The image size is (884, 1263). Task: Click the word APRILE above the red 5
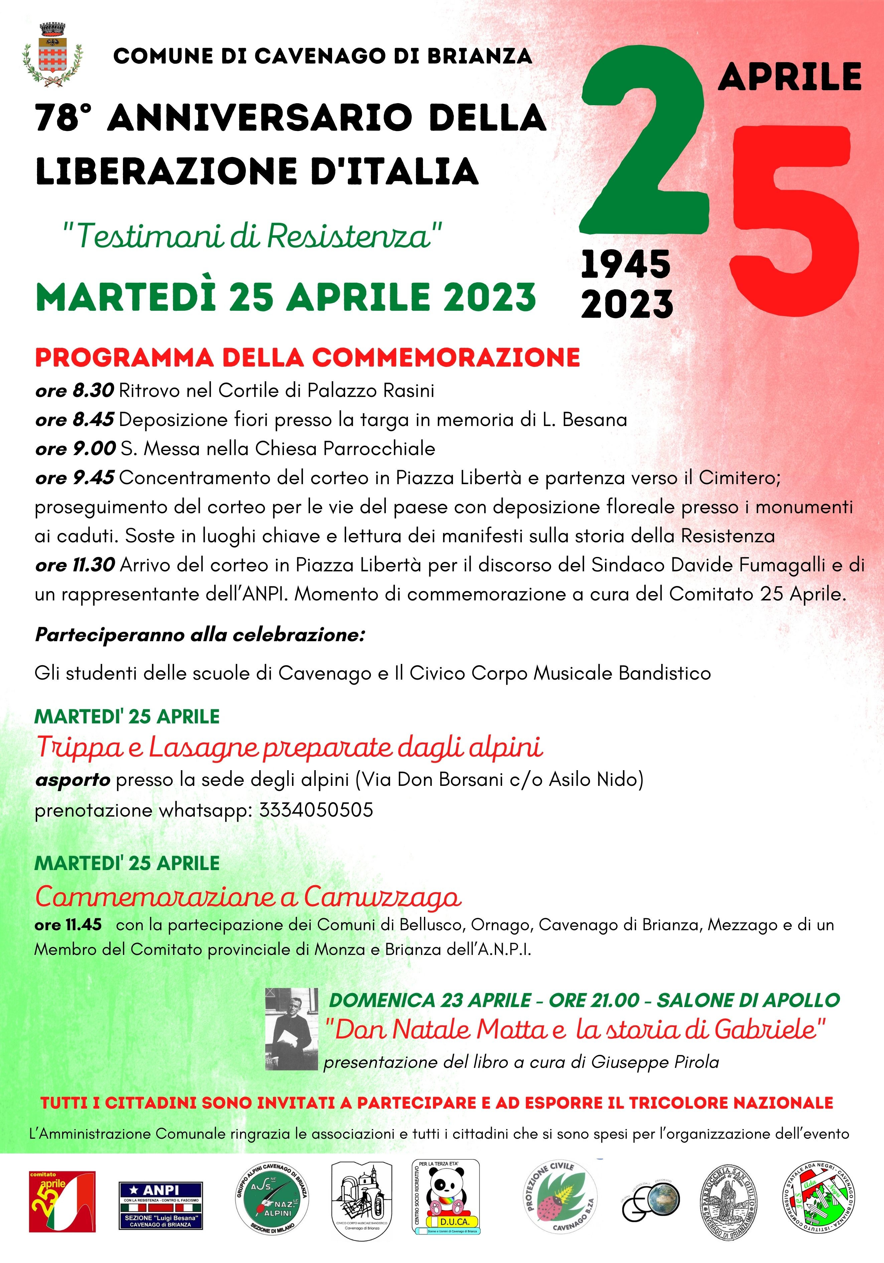tap(789, 77)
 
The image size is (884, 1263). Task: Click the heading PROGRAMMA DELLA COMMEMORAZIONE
tap(307, 358)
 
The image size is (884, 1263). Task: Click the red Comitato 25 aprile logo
tap(62, 1202)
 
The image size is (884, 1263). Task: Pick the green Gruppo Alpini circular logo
tap(272, 1204)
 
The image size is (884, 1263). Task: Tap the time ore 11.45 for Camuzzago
tap(68, 925)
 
